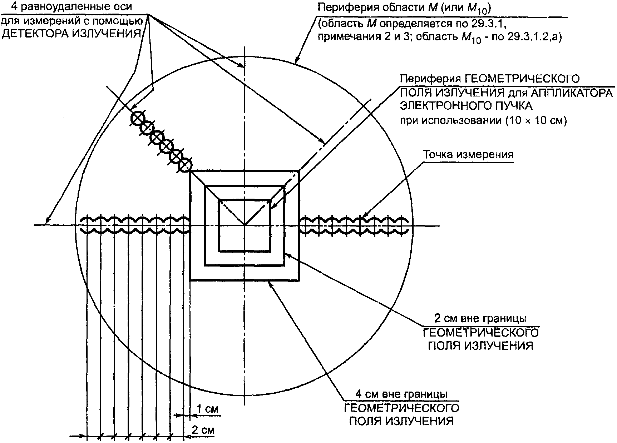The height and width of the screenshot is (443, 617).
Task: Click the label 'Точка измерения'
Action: click(x=468, y=155)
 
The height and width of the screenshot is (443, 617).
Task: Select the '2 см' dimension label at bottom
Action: click(x=203, y=430)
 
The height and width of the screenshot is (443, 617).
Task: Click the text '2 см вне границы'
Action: click(x=480, y=318)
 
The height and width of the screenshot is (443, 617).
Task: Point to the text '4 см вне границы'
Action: click(x=401, y=394)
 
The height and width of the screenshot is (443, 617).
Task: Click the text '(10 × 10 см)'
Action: click(x=536, y=121)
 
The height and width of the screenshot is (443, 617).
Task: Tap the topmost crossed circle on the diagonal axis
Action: click(x=138, y=118)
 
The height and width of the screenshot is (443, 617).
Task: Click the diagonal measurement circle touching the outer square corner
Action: click(x=185, y=165)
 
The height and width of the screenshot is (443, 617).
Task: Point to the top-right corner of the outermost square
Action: click(x=299, y=170)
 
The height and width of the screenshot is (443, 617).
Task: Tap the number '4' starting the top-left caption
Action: click(x=14, y=6)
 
